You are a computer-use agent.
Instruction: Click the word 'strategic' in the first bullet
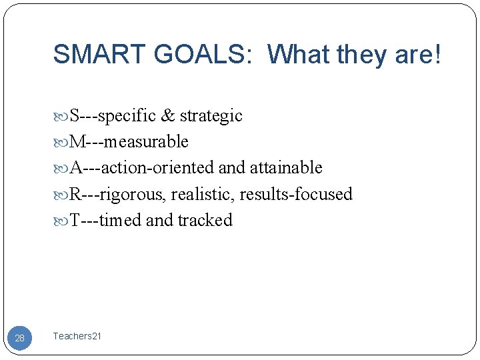click(x=211, y=116)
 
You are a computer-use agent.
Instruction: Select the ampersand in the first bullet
click(x=167, y=116)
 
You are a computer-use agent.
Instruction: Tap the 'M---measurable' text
click(x=129, y=142)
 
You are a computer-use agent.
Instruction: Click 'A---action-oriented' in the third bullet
click(x=143, y=168)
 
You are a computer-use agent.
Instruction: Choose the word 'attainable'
click(x=286, y=168)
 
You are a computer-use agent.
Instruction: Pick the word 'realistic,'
click(x=203, y=194)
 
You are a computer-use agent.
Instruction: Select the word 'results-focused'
click(x=295, y=194)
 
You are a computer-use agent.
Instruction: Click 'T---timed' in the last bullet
click(x=106, y=220)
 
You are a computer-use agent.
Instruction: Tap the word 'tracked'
click(x=205, y=220)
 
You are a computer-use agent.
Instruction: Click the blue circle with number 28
click(x=20, y=338)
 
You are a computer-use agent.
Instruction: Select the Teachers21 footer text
click(x=77, y=337)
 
